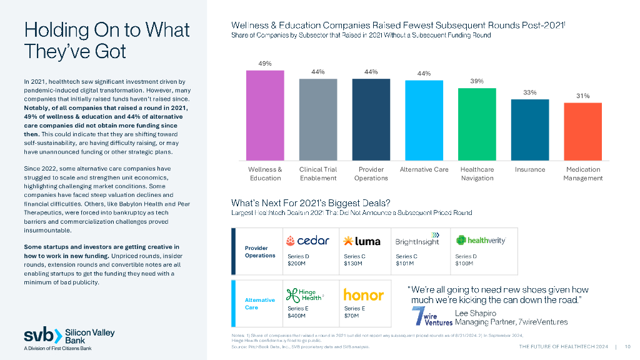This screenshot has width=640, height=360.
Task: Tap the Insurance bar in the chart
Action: tap(529, 127)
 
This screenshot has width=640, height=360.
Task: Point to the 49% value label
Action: tap(265, 64)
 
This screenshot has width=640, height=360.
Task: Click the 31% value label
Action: tap(582, 96)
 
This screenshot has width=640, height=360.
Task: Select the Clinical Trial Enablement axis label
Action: tap(318, 174)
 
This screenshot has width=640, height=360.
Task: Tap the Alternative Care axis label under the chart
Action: tap(424, 169)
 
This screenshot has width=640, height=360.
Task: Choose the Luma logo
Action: tap(362, 241)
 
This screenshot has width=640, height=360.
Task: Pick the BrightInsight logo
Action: tap(417, 240)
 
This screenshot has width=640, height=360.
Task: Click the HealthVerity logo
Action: tap(480, 241)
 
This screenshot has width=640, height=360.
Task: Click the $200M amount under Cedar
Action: tap(296, 264)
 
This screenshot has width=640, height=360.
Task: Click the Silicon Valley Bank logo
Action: tap(69, 336)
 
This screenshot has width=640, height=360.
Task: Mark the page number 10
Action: tap(627, 347)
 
